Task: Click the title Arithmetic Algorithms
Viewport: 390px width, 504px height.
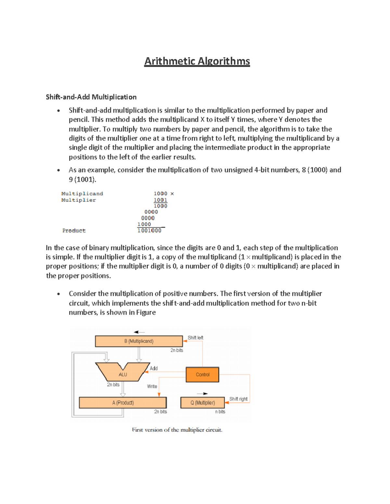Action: [x=197, y=61]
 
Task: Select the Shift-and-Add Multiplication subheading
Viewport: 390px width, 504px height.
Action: [x=91, y=97]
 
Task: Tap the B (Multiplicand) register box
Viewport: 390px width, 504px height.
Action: [x=139, y=341]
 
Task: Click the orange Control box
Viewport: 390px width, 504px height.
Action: [x=202, y=375]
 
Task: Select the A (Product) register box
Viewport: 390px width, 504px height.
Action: [x=123, y=403]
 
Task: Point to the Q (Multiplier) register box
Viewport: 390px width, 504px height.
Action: [x=202, y=403]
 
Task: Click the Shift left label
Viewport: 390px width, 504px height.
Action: [x=195, y=338]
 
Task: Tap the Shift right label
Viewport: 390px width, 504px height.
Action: [x=238, y=399]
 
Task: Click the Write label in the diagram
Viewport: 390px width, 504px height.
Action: [x=152, y=386]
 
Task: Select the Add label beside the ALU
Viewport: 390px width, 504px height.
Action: [x=154, y=368]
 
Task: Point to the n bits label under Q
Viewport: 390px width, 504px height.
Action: [x=220, y=412]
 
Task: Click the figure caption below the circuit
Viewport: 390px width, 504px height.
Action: [x=177, y=430]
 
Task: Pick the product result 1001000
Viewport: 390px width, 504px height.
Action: [x=149, y=230]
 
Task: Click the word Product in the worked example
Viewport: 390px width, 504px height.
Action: [x=74, y=230]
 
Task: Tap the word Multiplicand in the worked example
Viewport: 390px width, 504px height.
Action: [x=82, y=193]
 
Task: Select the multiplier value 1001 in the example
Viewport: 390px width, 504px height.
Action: [x=160, y=200]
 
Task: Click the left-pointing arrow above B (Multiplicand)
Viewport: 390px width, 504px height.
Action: [x=139, y=332]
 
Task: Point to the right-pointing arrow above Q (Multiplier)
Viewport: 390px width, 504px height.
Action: [x=202, y=394]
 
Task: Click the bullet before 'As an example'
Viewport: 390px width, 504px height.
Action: [x=58, y=170]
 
